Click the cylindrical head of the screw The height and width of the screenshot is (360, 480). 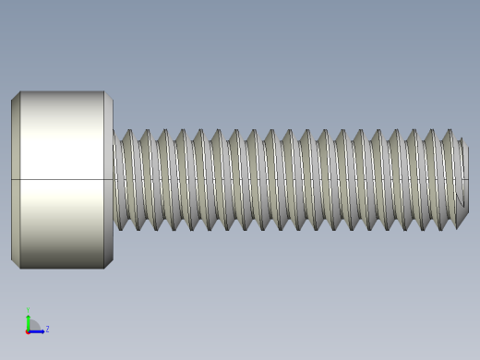coord(62,180)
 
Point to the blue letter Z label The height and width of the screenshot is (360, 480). coord(47,329)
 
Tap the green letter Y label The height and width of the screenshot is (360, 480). coord(29,310)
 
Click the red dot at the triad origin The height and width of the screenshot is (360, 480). coord(29,330)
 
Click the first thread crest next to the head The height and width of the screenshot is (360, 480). coord(127,134)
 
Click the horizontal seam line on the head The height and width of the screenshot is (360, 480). coord(62,179)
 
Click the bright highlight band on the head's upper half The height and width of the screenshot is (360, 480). coord(62,138)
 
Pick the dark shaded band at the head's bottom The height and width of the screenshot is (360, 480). coord(62,259)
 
